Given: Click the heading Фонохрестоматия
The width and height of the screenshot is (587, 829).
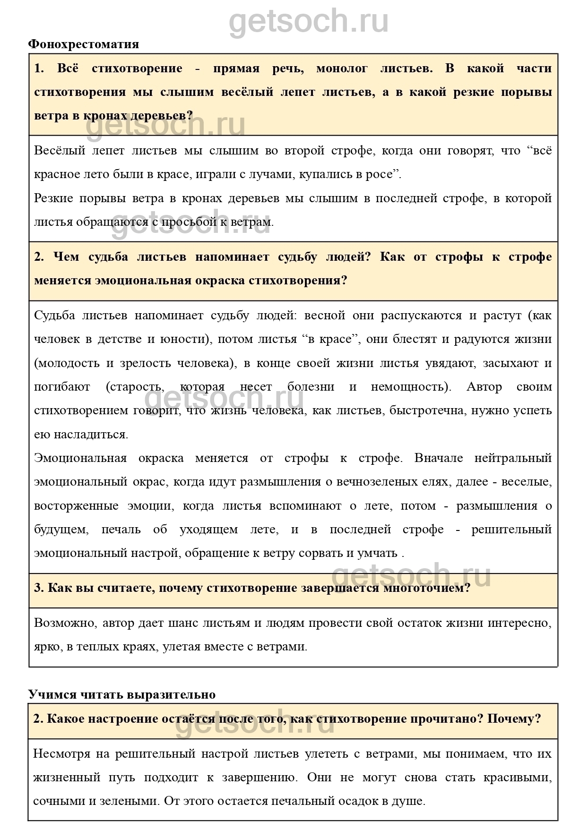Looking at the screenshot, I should point(84,44).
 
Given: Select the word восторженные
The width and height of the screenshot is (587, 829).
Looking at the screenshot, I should point(76,506).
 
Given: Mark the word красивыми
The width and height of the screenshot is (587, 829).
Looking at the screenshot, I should point(517,778).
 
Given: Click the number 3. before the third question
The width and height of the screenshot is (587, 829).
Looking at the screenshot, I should point(39,588).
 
